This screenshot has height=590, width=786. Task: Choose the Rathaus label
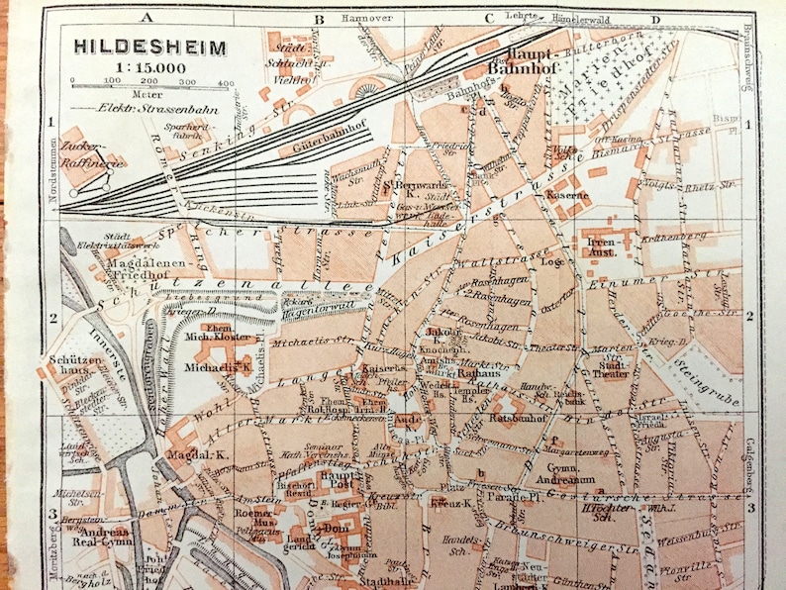tap(476, 374)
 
